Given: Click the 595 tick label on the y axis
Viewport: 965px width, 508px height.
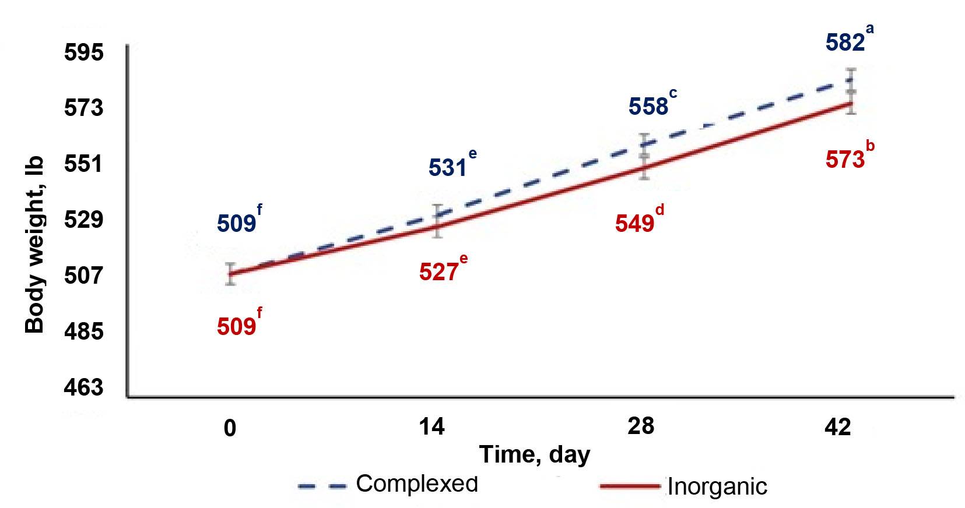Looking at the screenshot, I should click(x=83, y=53).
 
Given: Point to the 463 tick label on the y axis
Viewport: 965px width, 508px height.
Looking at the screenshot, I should click(x=83, y=387).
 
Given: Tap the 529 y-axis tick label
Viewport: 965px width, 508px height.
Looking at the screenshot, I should click(x=83, y=220).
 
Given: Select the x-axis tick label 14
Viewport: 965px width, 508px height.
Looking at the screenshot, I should click(x=431, y=427).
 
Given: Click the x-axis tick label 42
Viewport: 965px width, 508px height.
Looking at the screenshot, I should click(x=838, y=428).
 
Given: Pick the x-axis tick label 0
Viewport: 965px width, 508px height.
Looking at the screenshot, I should click(x=230, y=428).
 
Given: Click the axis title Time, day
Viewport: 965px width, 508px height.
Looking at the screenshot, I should click(x=534, y=454).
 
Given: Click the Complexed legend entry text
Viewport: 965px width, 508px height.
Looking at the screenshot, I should click(x=416, y=484).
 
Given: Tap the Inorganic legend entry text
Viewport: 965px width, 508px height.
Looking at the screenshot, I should click(x=717, y=486).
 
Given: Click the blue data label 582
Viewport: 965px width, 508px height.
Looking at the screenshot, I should click(x=845, y=43).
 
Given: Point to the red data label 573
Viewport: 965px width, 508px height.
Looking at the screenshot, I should click(x=845, y=159).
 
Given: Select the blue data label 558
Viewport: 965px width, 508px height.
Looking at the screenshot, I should click(x=648, y=107).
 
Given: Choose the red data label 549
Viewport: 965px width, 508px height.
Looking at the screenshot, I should click(x=634, y=223).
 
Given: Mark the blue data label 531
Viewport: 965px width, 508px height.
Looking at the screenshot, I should click(x=448, y=168).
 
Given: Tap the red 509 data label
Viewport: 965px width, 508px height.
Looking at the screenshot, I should click(x=236, y=327).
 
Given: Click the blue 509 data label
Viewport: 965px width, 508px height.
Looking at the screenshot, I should click(x=236, y=223).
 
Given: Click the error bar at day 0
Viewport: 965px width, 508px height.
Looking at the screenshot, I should click(x=231, y=274).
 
